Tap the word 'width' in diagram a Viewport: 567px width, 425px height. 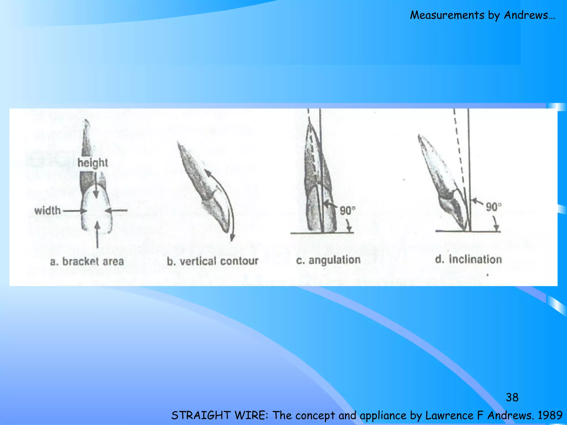coord(47,211)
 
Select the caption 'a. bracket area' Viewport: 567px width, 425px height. coord(87,261)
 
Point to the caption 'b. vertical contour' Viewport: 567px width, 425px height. coord(212,261)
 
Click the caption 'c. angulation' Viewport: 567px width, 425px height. coord(328,260)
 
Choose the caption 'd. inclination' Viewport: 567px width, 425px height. coord(468,259)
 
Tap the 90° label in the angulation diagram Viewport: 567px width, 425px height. coord(347,211)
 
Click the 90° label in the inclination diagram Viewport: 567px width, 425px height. coord(494,207)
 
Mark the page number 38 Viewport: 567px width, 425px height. coord(512,397)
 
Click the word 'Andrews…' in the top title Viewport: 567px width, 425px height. coord(529,15)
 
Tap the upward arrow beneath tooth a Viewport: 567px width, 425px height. coord(97,235)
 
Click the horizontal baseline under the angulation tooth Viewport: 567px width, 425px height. coord(322,233)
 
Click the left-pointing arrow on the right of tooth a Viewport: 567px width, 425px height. coord(116,211)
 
